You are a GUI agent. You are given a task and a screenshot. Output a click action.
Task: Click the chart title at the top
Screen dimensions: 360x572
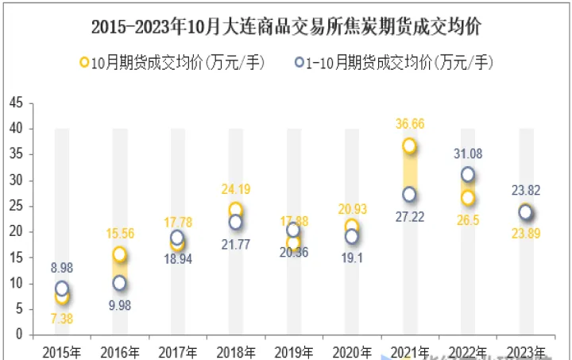click(x=285, y=27)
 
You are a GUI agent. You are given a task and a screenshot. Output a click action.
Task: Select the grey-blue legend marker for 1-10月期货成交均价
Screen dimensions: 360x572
click(x=300, y=62)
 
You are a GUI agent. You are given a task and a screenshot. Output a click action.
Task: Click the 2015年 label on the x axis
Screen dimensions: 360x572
click(x=61, y=351)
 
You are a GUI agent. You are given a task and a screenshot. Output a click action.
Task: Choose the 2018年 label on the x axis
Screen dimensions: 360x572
click(x=235, y=351)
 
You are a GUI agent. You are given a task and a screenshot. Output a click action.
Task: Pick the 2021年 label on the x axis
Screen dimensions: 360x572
click(x=409, y=351)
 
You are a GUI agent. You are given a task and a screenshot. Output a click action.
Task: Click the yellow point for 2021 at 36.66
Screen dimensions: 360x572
click(x=409, y=145)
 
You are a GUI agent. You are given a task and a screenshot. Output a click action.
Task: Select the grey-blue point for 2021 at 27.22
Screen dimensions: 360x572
click(x=409, y=194)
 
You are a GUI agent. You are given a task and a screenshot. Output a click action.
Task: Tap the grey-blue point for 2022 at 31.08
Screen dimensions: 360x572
click(x=468, y=174)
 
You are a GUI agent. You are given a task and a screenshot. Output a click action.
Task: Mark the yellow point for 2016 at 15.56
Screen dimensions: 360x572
click(x=119, y=254)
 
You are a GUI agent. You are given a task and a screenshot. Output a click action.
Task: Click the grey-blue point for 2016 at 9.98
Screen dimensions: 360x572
click(x=119, y=283)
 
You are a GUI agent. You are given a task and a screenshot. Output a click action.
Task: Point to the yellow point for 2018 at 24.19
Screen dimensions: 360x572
click(x=235, y=210)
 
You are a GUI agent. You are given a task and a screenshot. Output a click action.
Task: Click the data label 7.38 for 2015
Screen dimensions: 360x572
click(x=61, y=318)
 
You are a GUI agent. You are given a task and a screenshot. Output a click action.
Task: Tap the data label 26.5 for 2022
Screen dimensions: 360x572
click(x=468, y=220)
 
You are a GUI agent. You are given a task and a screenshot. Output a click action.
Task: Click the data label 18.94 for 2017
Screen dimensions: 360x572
click(x=177, y=258)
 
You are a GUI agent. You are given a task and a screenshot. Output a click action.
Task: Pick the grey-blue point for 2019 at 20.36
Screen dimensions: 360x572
click(x=293, y=230)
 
